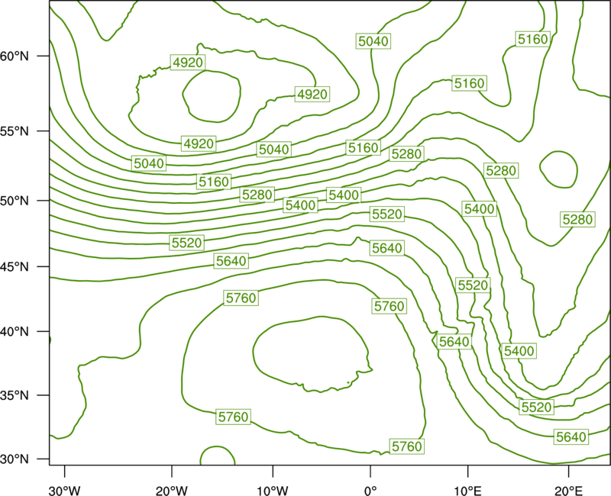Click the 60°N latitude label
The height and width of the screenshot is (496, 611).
click(x=15, y=56)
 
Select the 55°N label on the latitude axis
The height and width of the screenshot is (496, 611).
click(x=15, y=131)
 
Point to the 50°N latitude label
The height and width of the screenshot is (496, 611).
click(x=15, y=201)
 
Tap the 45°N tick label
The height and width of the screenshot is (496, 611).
click(x=15, y=266)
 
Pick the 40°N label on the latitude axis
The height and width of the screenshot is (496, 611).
click(x=15, y=331)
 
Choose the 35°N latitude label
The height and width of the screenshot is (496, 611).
click(x=15, y=395)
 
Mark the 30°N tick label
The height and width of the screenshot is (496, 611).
click(x=15, y=459)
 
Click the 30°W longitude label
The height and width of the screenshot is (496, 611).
click(x=65, y=491)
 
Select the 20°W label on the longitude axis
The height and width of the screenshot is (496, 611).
click(x=171, y=491)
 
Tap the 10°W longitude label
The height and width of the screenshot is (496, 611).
click(x=273, y=491)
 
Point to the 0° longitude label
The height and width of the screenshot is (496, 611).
click(x=370, y=491)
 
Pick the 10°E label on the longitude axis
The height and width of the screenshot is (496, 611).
click(x=467, y=491)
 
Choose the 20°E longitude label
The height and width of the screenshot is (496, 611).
click(x=568, y=491)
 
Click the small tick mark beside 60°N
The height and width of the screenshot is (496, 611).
click(x=44, y=56)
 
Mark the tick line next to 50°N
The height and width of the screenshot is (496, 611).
click(x=44, y=201)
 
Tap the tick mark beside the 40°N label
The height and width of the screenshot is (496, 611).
click(x=44, y=331)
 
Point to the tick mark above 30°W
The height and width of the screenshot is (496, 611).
click(x=65, y=471)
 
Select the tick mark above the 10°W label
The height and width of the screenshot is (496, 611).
click(x=273, y=471)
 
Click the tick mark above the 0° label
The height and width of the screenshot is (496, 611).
click(x=370, y=471)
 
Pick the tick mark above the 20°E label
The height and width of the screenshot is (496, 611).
click(x=568, y=471)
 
